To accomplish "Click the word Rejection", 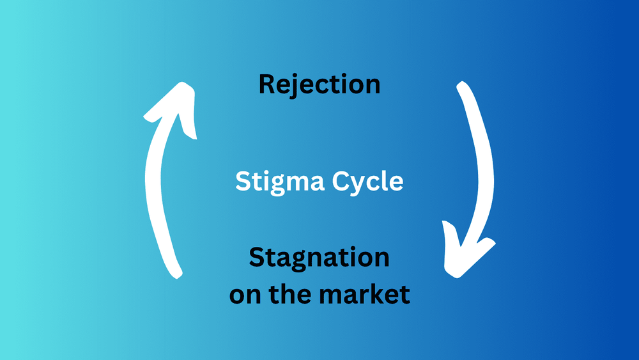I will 319,84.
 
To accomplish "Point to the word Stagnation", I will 319,258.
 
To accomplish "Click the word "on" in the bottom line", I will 242,295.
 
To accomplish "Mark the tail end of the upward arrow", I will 175,272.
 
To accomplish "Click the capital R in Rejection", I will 266,84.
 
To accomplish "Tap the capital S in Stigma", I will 243,182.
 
